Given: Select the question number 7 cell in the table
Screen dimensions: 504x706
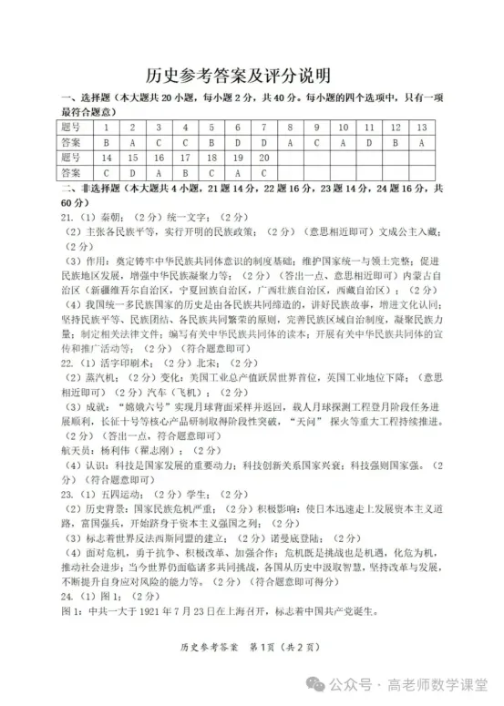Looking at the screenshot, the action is pyautogui.click(x=263, y=127).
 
